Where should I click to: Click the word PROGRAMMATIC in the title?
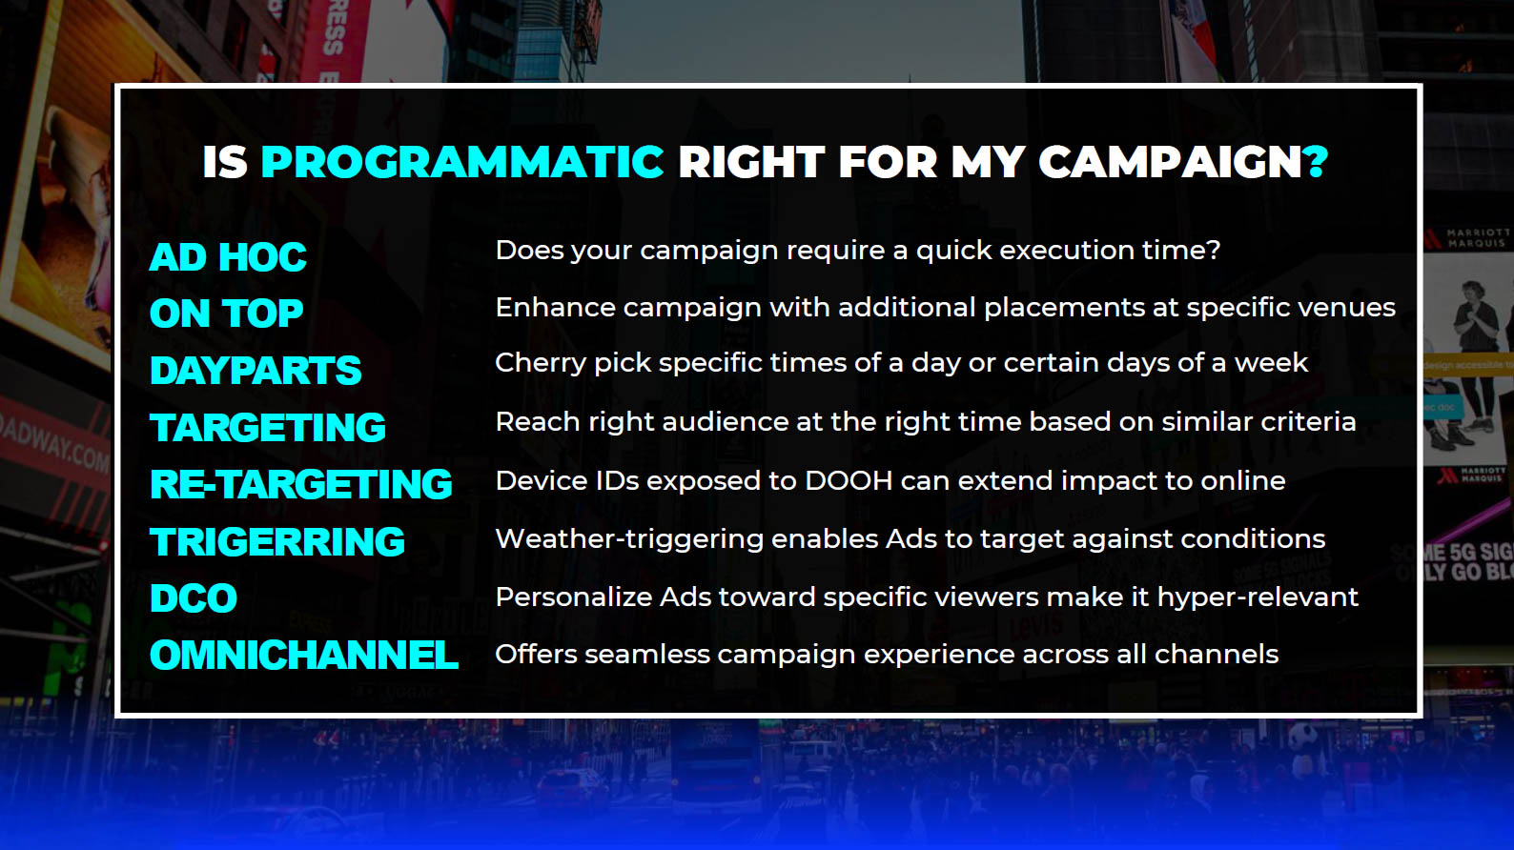[461, 162]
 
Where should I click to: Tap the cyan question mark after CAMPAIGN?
[1317, 162]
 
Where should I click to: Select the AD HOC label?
[228, 257]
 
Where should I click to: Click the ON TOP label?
[226, 314]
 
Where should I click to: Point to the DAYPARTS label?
[256, 371]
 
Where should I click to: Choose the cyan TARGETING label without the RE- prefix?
[268, 428]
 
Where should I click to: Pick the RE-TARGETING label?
[300, 484]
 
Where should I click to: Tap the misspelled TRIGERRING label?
[277, 542]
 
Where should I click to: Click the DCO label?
[194, 598]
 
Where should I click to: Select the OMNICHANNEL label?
[304, 656]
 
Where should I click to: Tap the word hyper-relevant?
[1258, 598]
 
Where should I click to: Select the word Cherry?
[541, 364]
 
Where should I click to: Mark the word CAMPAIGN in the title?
[1170, 162]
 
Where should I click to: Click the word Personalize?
[574, 598]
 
